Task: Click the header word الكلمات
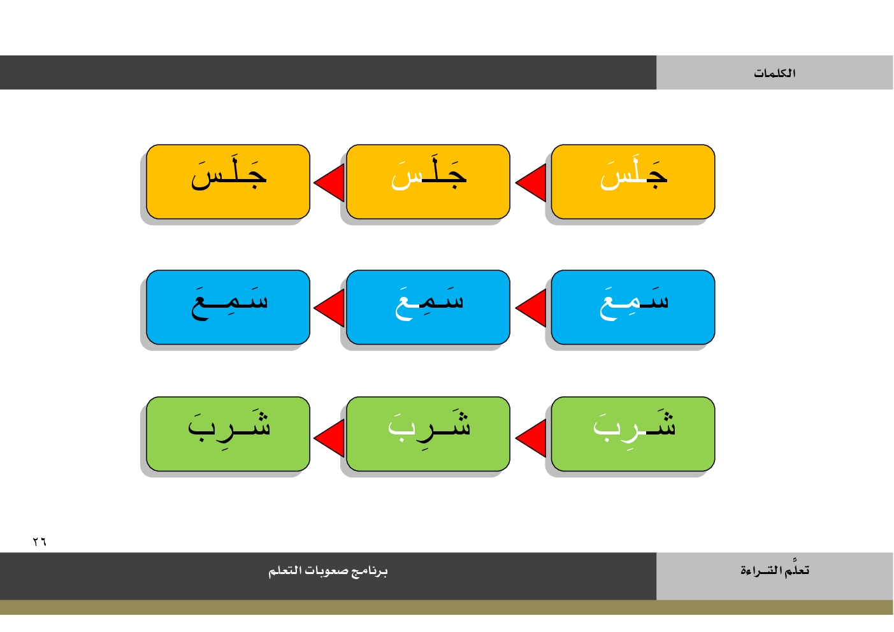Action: coord(774,73)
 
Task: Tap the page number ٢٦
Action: coord(40,542)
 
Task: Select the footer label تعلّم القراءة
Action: coord(775,569)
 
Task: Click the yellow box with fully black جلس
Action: coord(228,182)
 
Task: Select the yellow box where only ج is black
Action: coord(633,182)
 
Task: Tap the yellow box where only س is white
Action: coord(428,182)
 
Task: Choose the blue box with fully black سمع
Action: coord(228,307)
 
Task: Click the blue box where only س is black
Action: coord(633,307)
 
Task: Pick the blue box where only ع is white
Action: coord(428,307)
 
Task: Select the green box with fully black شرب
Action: coord(228,434)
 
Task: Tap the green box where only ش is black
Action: coord(633,434)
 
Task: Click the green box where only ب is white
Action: coord(428,434)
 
